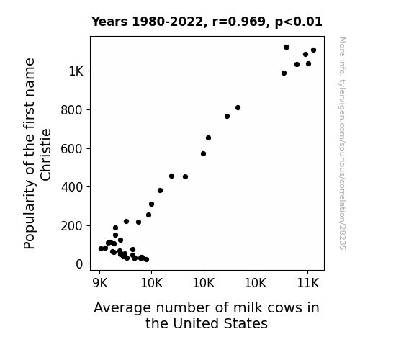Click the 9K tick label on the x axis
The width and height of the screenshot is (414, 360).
click(x=100, y=284)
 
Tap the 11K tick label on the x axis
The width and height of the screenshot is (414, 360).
click(x=308, y=284)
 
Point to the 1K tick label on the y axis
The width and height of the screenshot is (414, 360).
click(x=76, y=71)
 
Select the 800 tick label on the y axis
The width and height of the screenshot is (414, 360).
click(x=72, y=110)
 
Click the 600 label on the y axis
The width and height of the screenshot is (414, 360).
click(x=72, y=149)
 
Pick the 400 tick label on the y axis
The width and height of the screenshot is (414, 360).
click(x=72, y=187)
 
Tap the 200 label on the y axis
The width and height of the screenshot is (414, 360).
click(x=72, y=226)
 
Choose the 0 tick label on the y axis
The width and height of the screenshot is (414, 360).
click(x=79, y=264)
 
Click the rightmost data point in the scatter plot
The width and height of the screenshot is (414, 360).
click(x=313, y=50)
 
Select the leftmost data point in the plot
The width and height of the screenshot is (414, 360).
click(x=101, y=248)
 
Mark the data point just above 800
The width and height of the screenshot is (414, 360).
click(x=238, y=107)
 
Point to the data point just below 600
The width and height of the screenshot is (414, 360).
click(x=203, y=153)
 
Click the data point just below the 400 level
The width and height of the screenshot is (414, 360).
click(x=160, y=190)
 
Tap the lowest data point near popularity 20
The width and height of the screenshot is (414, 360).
click(x=147, y=259)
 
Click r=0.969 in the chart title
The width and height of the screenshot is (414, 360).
click(x=239, y=22)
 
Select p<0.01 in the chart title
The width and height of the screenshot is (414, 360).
click(x=298, y=22)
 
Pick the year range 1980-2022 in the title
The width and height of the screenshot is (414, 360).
click(x=167, y=22)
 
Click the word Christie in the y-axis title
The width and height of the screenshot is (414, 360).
click(x=45, y=155)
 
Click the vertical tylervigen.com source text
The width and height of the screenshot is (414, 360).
click(x=342, y=143)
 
